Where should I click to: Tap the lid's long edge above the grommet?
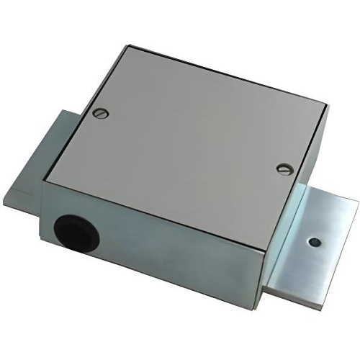point(144,190)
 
